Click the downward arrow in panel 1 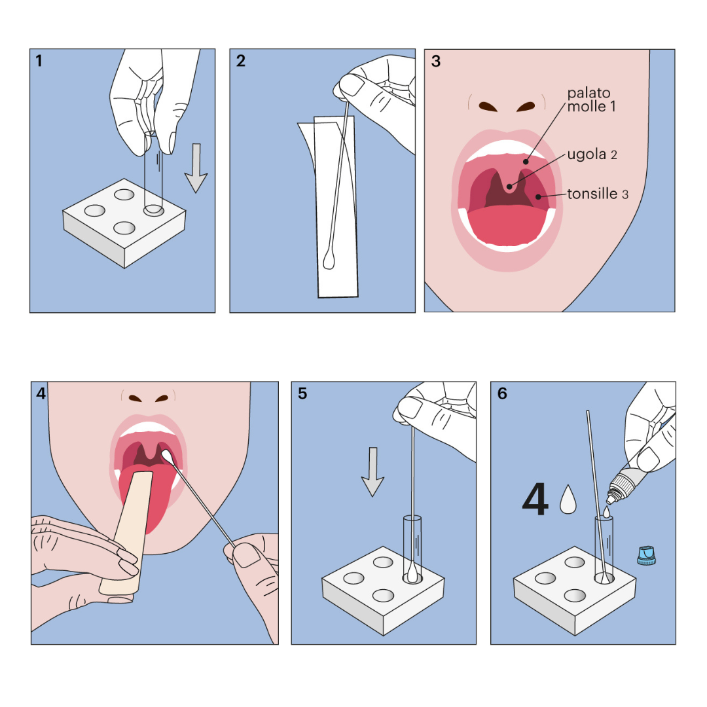click(196, 169)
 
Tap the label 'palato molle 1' click(590, 100)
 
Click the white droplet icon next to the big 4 click(569, 499)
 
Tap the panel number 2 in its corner click(241, 62)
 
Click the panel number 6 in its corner click(502, 394)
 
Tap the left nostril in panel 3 click(488, 105)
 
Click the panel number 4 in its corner click(41, 394)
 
